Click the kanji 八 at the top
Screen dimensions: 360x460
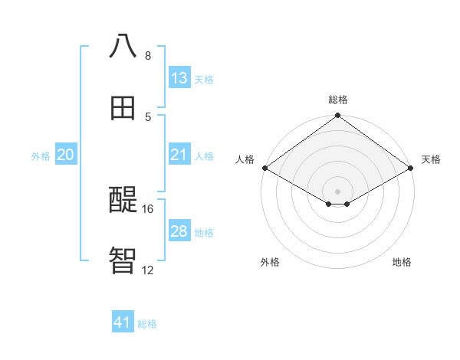coord(123,47)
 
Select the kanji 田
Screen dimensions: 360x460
coord(123,108)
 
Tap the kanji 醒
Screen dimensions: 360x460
coord(123,200)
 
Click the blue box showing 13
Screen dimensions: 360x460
coord(179,78)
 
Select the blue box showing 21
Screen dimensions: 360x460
coord(179,155)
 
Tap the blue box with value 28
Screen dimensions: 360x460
coord(179,231)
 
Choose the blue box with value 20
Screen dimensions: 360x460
coord(65,155)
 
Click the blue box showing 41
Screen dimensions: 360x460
coord(123,322)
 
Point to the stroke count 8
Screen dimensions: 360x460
coord(148,56)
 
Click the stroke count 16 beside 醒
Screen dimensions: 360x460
coord(148,208)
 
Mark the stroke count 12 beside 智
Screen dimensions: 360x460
coord(148,270)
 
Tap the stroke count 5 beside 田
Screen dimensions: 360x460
coord(148,116)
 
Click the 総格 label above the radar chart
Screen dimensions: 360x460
coord(338,100)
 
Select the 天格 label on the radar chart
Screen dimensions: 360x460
coord(431,159)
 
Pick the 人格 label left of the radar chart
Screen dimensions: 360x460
coord(245,159)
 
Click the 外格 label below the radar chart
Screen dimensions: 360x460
coord(270,262)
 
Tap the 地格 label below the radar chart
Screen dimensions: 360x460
coord(402,262)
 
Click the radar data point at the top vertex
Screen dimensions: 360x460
coord(338,116)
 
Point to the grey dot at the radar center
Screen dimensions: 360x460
coord(338,191)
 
